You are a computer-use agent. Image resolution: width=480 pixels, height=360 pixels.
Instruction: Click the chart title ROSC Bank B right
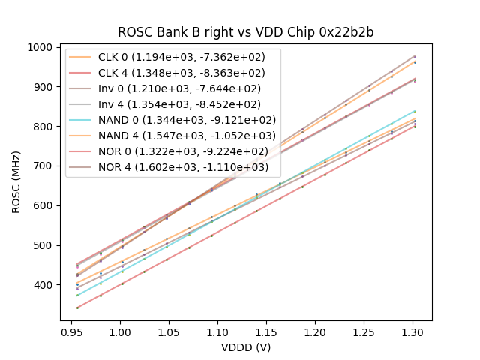[x=246, y=33]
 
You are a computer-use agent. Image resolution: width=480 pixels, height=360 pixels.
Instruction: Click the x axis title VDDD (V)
[x=246, y=347]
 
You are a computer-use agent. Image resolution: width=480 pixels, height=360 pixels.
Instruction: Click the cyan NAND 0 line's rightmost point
[x=415, y=111]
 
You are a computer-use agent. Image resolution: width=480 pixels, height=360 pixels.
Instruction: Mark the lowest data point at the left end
[x=77, y=307]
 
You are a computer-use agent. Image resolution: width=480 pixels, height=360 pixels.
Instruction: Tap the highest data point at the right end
[x=415, y=56]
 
